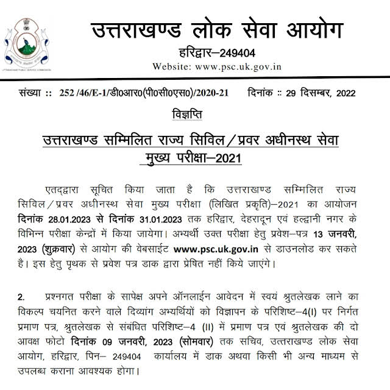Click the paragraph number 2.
21,297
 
